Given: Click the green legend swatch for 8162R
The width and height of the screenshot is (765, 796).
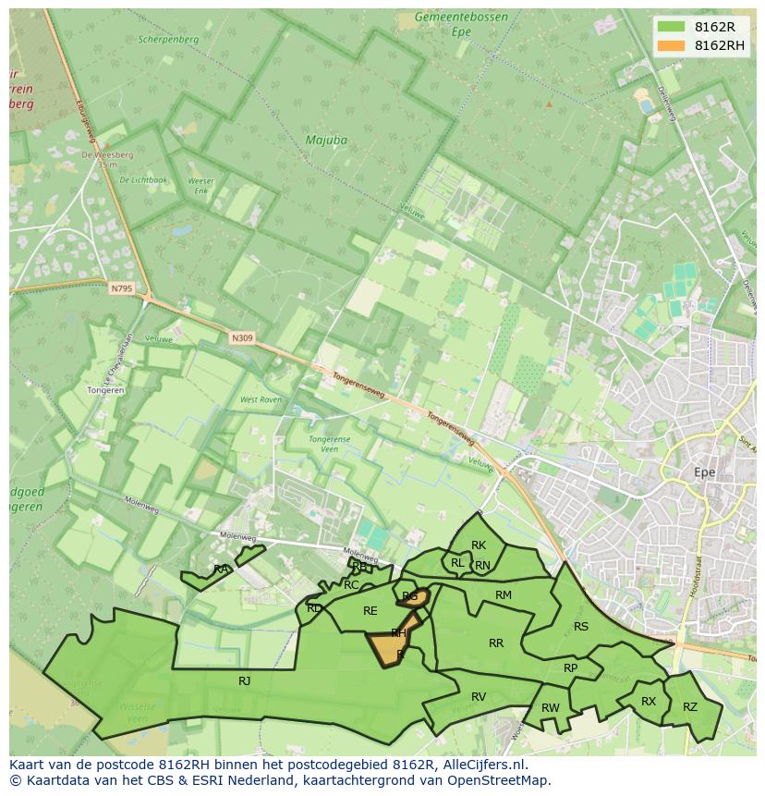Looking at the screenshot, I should (x=671, y=27).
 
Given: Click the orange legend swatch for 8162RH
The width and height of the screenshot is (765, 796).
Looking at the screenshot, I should (x=671, y=45).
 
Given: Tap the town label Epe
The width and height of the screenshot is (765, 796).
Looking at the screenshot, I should (x=704, y=472).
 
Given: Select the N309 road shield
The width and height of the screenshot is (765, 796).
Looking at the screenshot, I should (x=242, y=338).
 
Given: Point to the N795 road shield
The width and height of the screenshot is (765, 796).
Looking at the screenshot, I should (x=121, y=289).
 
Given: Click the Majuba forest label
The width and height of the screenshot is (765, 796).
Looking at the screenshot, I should (x=326, y=141).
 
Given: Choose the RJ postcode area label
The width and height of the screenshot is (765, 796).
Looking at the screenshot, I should (x=245, y=681).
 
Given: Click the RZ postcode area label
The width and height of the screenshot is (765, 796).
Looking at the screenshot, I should (x=690, y=707).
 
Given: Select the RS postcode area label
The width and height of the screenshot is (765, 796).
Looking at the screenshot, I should (x=581, y=627).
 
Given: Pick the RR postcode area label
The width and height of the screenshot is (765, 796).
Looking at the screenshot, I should (x=496, y=643).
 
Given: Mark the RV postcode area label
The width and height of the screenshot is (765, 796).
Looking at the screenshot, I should (x=479, y=697).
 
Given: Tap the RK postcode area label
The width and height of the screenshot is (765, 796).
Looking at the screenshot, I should (x=479, y=545).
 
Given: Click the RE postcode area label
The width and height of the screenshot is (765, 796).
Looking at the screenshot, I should (x=370, y=611).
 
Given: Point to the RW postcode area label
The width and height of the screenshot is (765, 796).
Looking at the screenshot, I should (x=551, y=708).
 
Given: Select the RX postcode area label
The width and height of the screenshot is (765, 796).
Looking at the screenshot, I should (x=649, y=702).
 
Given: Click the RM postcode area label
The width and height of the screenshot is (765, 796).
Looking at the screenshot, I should (x=504, y=595).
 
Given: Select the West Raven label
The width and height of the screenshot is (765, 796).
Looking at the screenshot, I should (x=261, y=400).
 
